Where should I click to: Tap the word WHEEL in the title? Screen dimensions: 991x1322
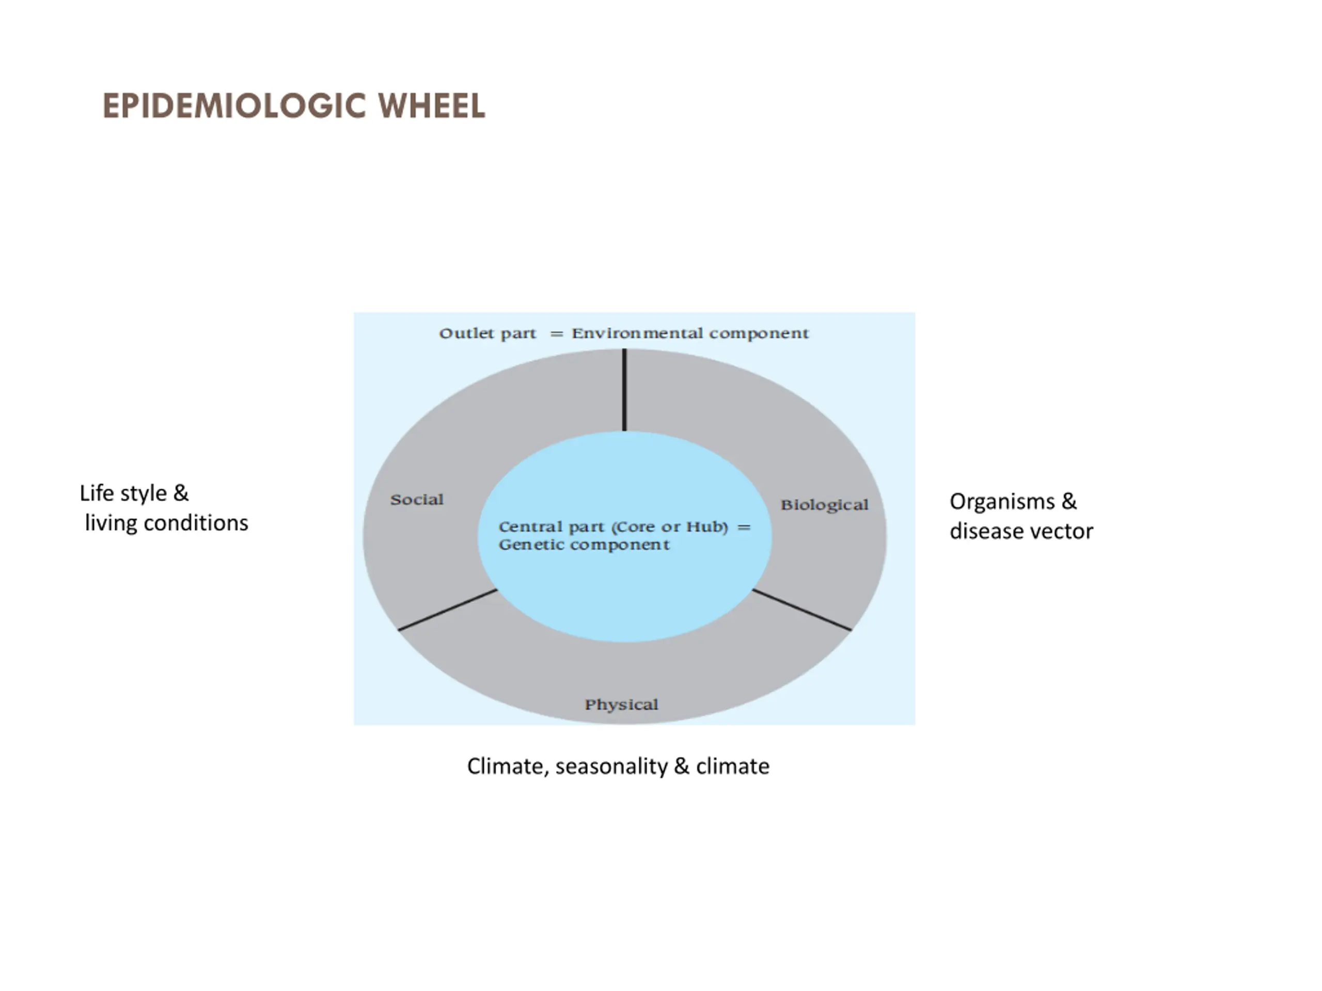432,106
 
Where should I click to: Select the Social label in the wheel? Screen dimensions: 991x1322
417,500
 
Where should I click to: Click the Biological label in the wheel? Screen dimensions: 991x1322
824,505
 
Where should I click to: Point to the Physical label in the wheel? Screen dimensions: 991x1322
621,704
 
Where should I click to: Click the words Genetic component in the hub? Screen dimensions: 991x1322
584,545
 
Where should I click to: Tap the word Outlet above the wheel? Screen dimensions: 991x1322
460,333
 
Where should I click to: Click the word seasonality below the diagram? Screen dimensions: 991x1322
611,766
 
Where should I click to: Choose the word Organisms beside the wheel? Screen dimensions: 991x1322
1002,502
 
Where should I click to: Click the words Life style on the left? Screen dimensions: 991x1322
123,493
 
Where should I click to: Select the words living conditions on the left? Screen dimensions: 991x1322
166,523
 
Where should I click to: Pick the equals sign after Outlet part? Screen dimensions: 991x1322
556,334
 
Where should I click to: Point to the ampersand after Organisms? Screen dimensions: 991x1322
1069,501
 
